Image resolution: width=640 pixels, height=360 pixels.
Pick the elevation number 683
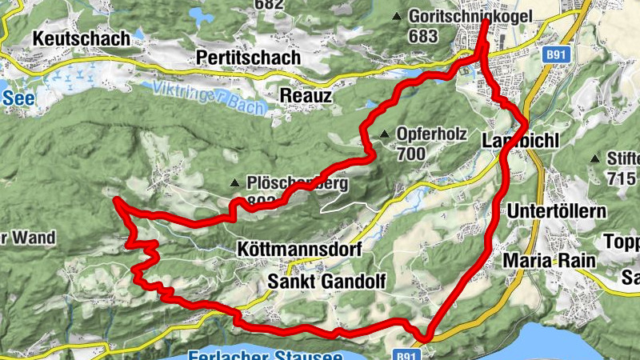pos(422,36)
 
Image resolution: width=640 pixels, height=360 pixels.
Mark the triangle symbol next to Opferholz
pos(385,134)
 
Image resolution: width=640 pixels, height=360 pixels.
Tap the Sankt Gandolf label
pos(326,281)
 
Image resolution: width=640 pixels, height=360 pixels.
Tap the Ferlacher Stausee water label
pos(264,354)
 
